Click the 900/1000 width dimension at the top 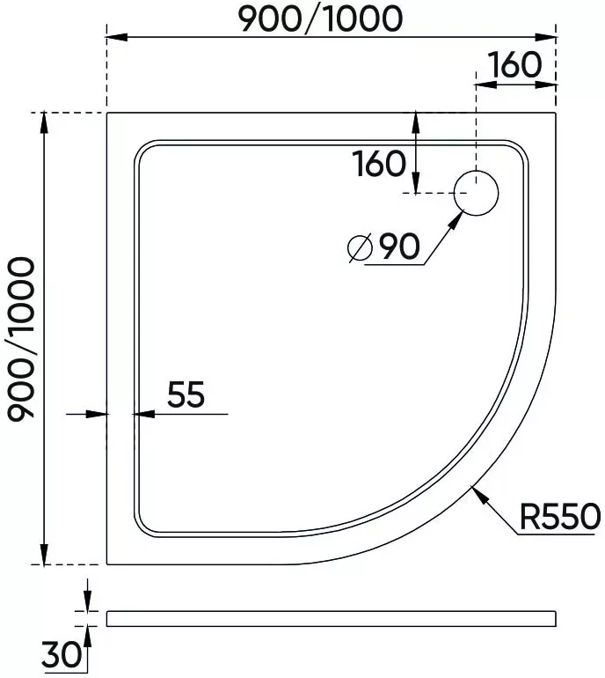(x=320, y=19)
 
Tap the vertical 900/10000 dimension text (x=20, y=339)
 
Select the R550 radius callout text (x=560, y=516)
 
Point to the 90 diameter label (x=399, y=246)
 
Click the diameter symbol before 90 (x=361, y=247)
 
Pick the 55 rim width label (x=186, y=394)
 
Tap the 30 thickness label (x=61, y=653)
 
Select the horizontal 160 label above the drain (x=514, y=65)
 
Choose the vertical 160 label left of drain (x=379, y=164)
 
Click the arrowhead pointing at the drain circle (x=456, y=220)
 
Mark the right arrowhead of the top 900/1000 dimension (x=545, y=37)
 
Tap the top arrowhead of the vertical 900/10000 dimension (x=44, y=123)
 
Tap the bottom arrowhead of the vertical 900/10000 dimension (x=44, y=554)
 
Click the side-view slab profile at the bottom (x=332, y=619)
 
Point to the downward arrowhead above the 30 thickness (x=88, y=601)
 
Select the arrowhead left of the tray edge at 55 (x=97, y=414)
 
